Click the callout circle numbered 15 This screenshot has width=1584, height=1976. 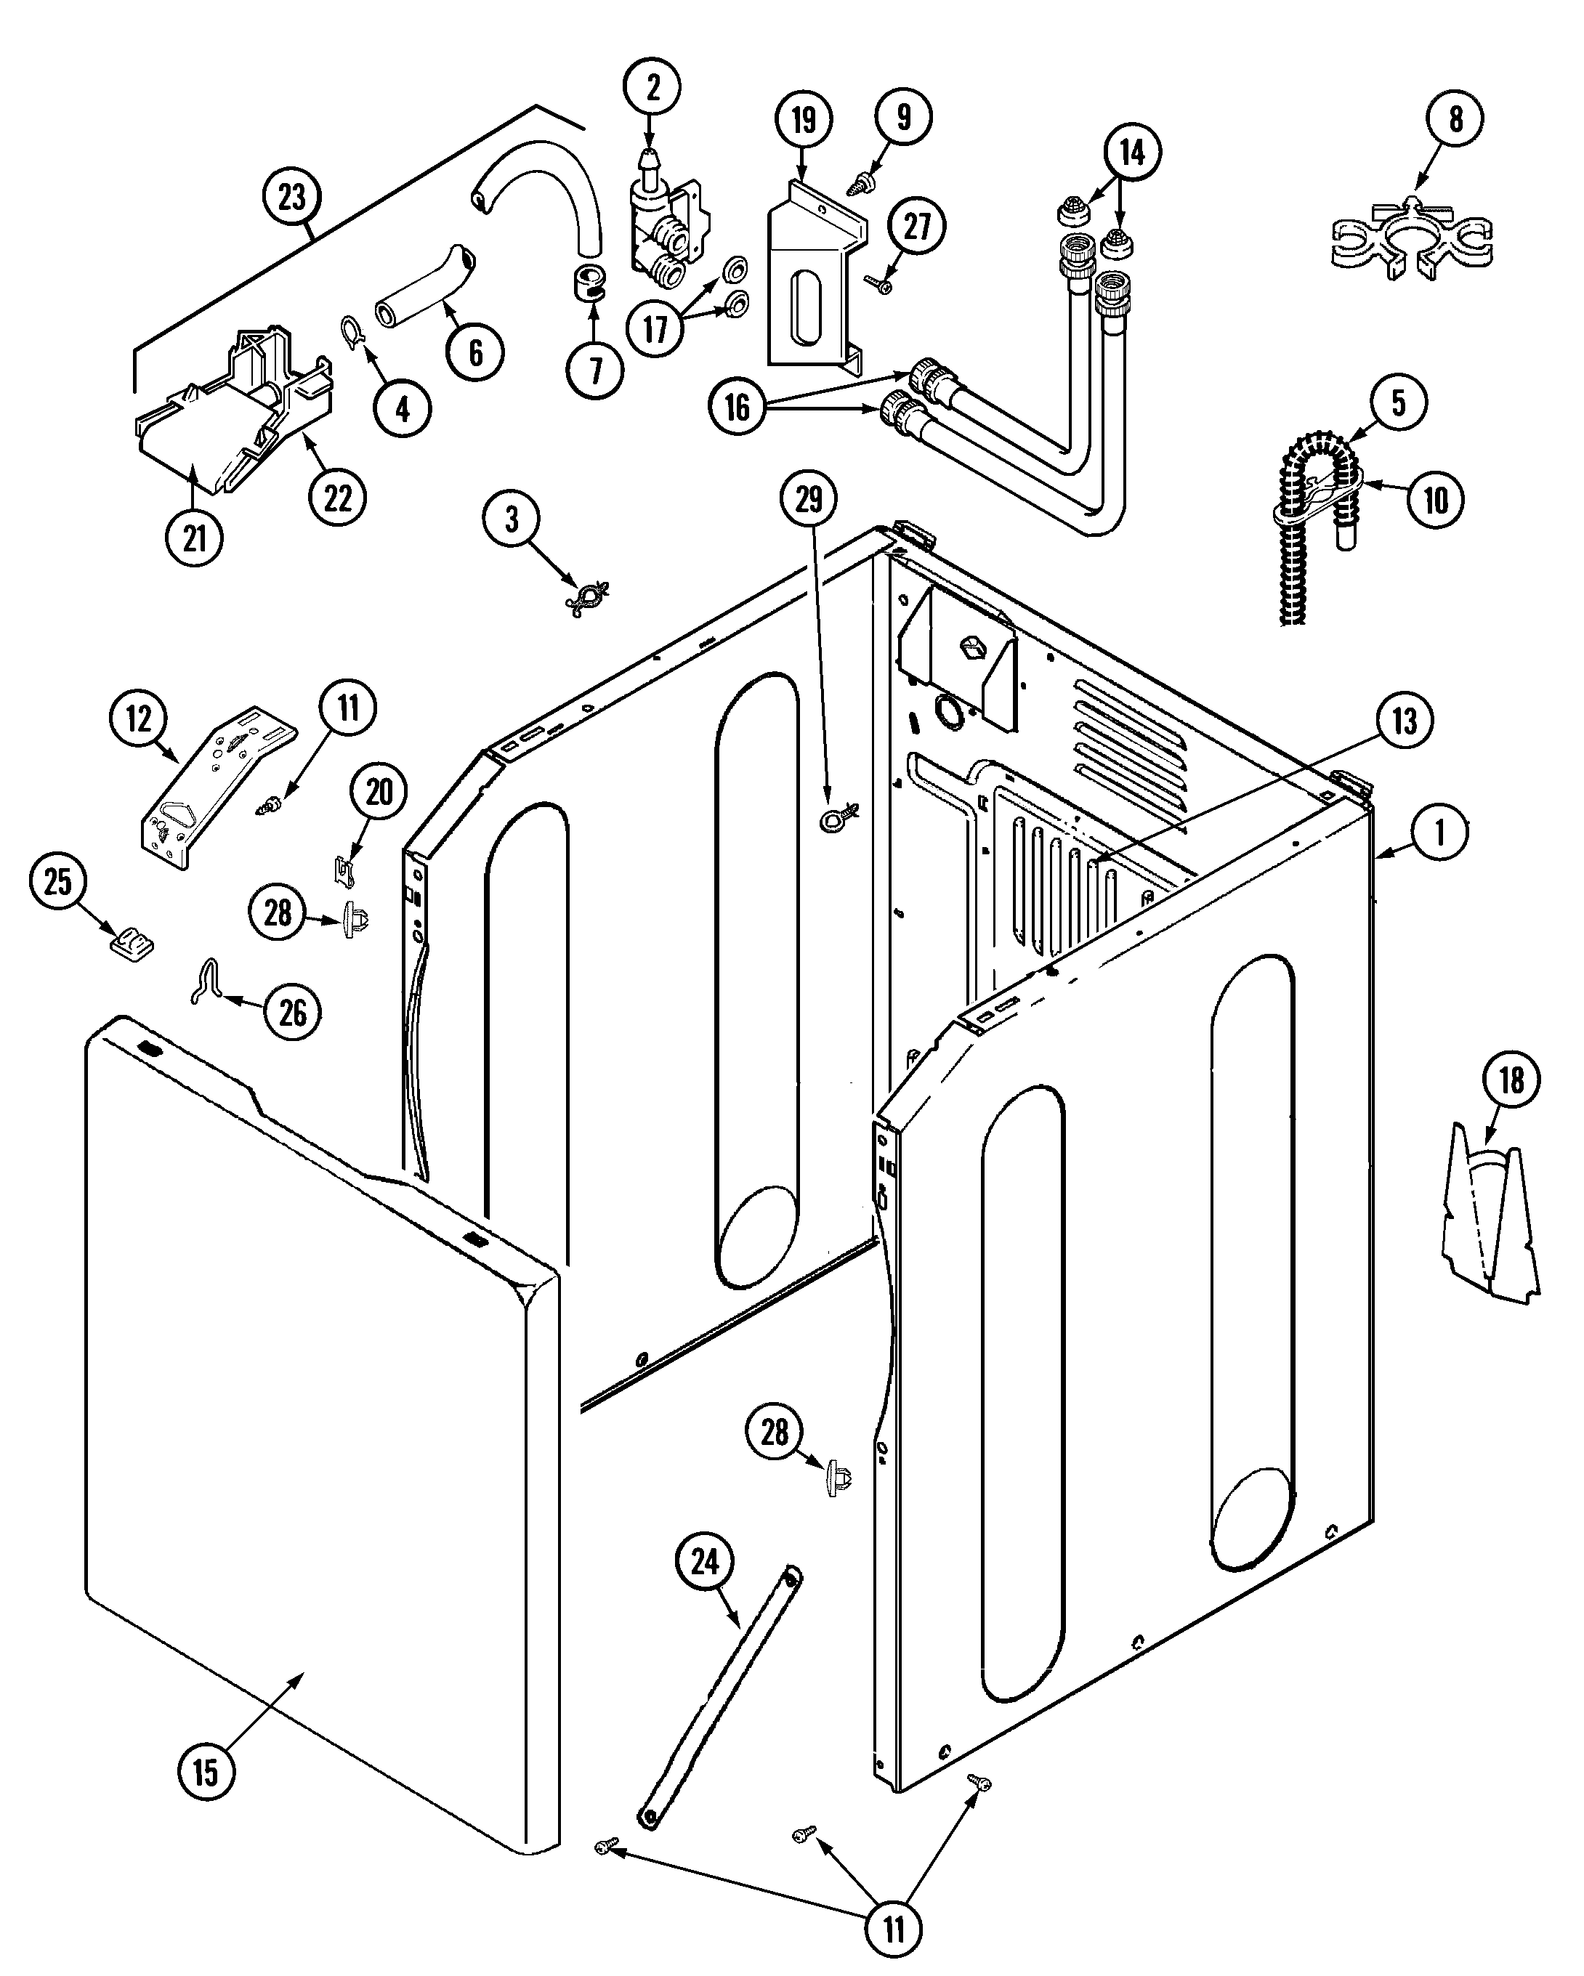point(206,1772)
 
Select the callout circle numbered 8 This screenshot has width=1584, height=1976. point(1455,118)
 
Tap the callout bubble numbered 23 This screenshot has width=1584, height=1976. point(291,196)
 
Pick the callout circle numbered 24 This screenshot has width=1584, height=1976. point(704,1562)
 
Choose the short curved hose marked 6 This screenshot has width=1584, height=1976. point(424,293)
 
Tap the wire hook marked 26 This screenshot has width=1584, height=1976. point(207,981)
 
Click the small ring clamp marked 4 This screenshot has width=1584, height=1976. point(352,332)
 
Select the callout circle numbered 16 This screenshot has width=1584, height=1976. point(737,407)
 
